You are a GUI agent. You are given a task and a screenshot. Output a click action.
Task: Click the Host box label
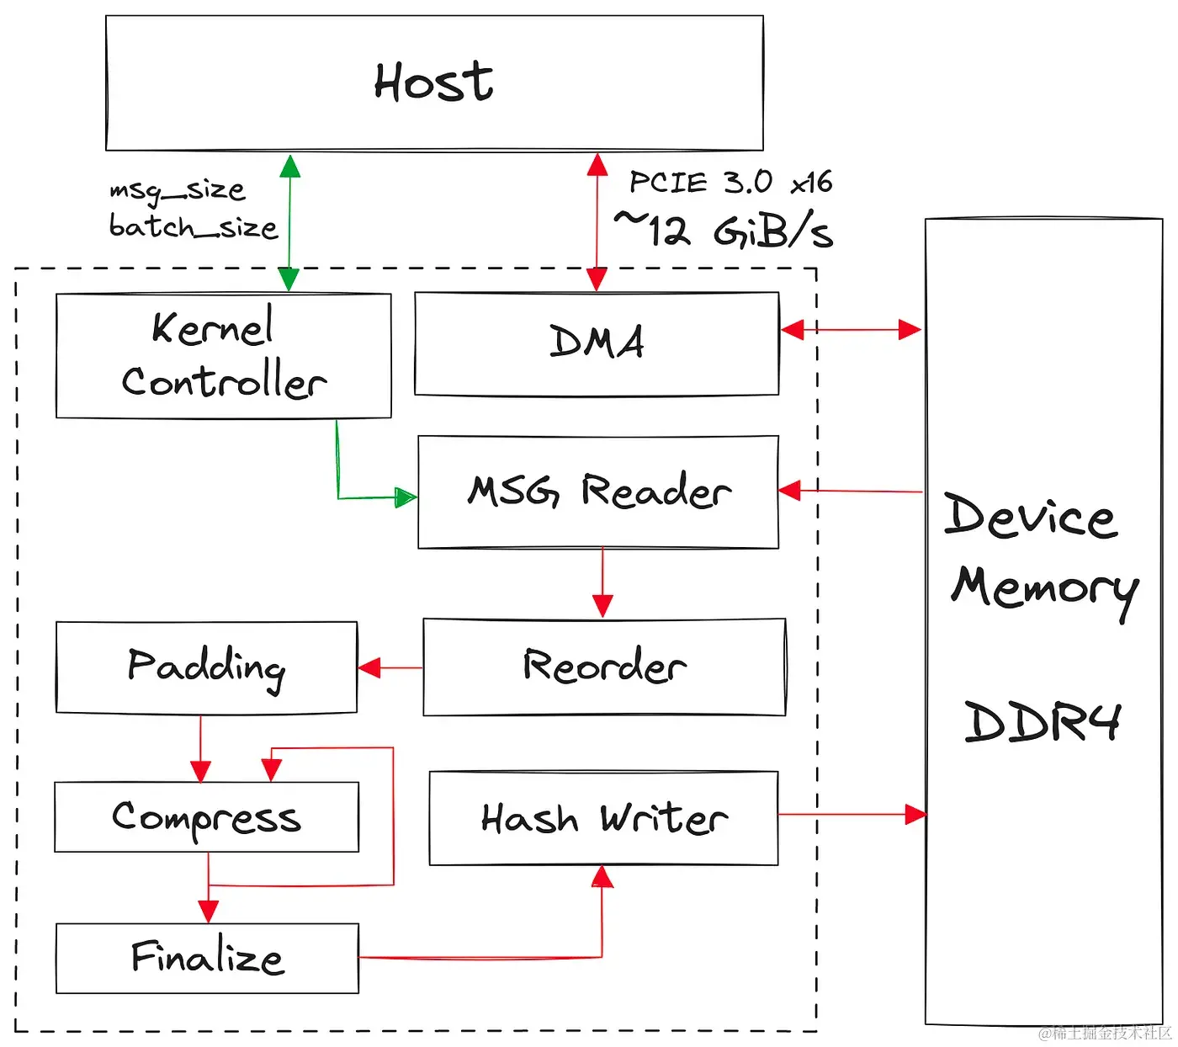433,82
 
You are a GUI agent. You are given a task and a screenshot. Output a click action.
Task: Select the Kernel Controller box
223,355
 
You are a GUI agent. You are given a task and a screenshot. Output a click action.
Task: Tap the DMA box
597,343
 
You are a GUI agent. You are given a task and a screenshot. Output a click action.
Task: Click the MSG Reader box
598,492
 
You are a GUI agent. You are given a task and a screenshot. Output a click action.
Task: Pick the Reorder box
604,667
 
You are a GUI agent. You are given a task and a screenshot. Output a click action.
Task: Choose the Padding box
206,667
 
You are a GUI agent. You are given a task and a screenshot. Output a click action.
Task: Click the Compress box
206,817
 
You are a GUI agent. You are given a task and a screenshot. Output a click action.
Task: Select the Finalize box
207,958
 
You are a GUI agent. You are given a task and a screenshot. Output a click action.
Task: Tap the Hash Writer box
603,818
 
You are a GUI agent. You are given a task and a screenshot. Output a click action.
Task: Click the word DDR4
1043,721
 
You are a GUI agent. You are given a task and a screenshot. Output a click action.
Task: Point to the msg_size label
178,190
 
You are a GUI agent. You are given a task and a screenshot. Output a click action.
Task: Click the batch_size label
193,226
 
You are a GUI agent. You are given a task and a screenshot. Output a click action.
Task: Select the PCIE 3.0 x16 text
730,182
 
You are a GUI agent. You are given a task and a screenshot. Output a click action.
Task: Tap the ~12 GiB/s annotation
724,230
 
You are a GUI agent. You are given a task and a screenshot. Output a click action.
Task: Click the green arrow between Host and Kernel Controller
289,223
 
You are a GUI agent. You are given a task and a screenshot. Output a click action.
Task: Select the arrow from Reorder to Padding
390,668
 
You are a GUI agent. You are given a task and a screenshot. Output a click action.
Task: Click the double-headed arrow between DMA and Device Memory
851,330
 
